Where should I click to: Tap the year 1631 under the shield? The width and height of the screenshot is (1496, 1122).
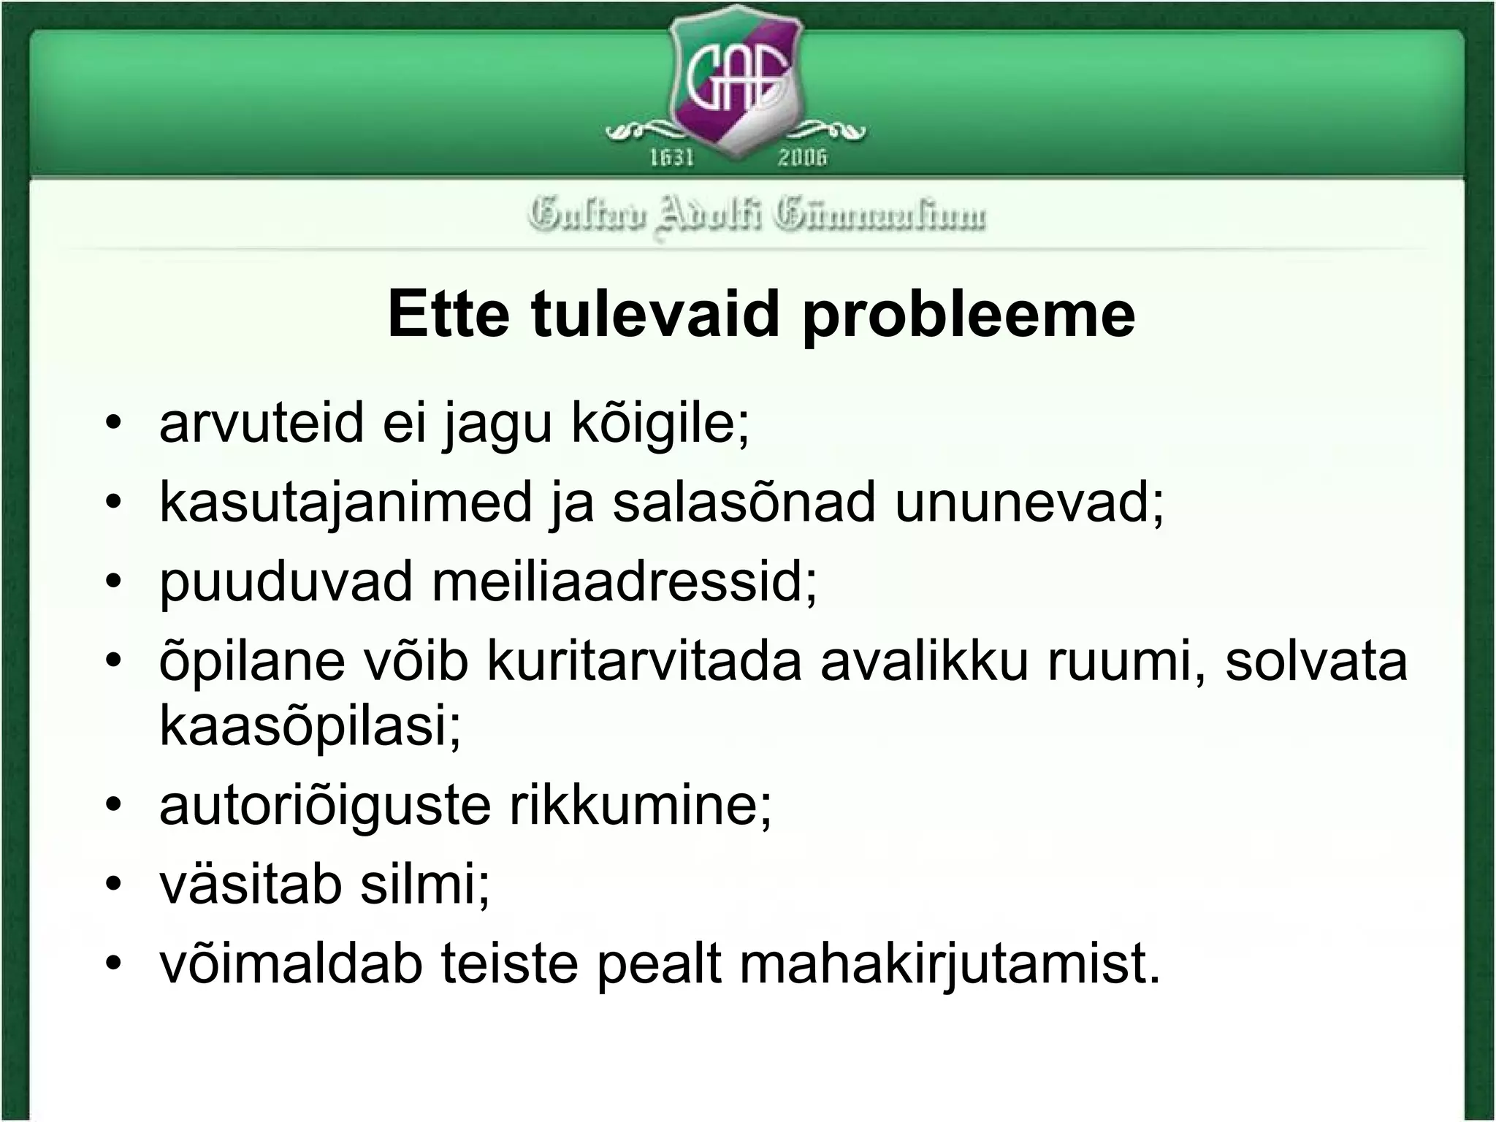[672, 157]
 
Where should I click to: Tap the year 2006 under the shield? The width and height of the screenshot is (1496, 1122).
[802, 157]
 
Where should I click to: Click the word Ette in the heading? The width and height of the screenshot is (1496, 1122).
[449, 315]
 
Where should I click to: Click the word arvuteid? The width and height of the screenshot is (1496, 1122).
[261, 423]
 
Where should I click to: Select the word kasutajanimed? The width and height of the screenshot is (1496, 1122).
[346, 503]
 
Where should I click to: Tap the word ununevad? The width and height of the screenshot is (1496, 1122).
[1028, 503]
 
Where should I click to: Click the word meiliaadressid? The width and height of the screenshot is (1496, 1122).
[625, 582]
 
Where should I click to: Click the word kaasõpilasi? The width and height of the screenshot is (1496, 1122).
[310, 727]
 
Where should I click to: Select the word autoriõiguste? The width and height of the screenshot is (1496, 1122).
[324, 807]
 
